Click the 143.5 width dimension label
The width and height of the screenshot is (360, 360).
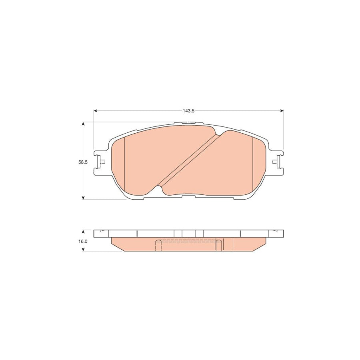(x=189, y=111)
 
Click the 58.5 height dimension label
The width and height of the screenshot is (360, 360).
(x=82, y=162)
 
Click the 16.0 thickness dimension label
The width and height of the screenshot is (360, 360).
(x=83, y=241)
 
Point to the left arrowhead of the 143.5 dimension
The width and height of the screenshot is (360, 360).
(x=96, y=111)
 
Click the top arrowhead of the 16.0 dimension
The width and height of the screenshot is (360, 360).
(x=83, y=232)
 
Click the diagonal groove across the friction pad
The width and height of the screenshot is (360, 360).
(x=188, y=160)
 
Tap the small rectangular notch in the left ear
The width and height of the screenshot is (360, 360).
(x=103, y=162)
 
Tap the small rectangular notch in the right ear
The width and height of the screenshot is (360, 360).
(x=274, y=162)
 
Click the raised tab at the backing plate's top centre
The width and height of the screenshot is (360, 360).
(x=189, y=123)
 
